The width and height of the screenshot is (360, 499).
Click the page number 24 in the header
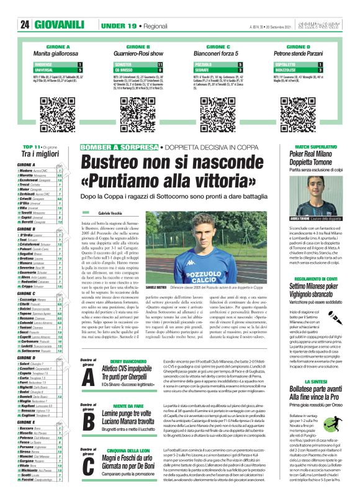point(25,25)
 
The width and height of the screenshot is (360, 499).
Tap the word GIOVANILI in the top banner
point(60,25)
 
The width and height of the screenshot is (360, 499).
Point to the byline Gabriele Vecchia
point(111,212)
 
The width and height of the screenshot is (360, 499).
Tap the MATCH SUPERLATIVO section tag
point(315,146)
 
